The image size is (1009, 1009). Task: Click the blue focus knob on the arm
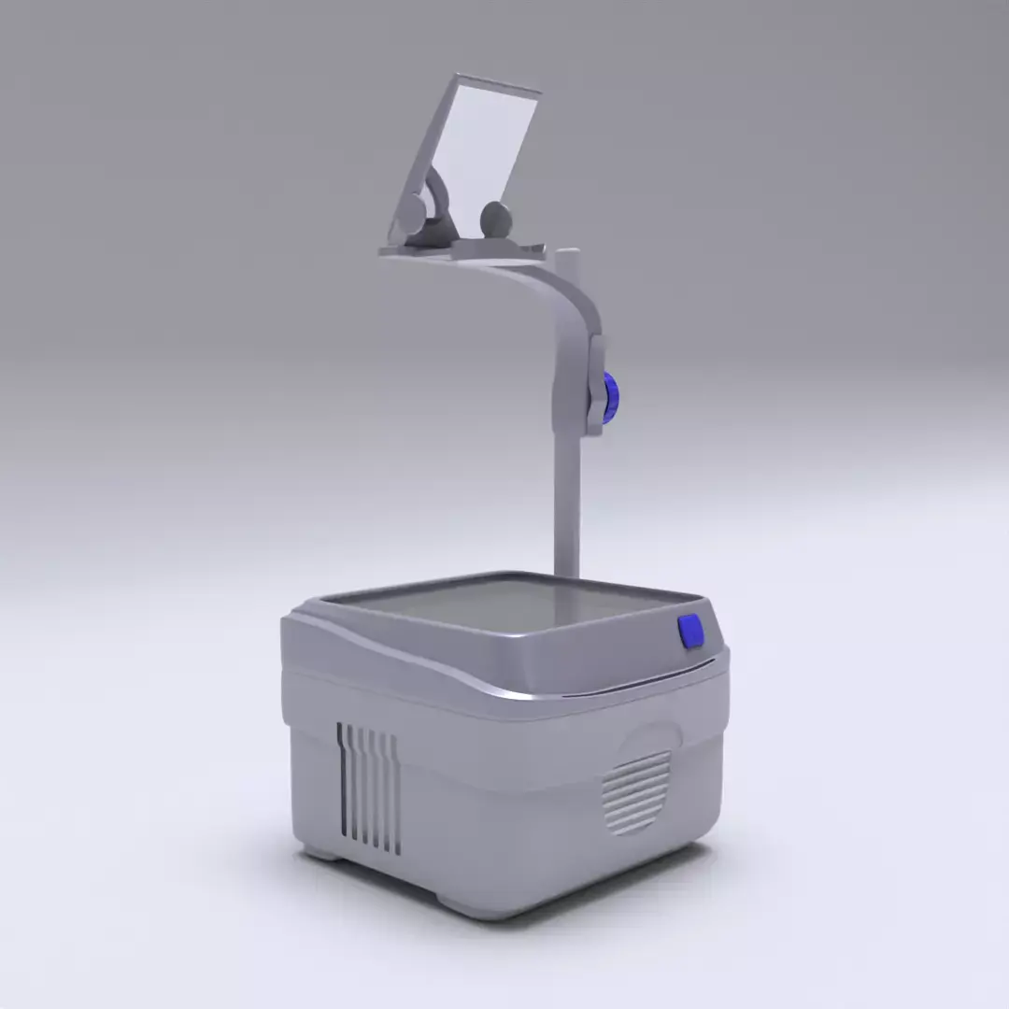click(611, 397)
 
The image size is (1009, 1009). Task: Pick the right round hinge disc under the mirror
click(496, 220)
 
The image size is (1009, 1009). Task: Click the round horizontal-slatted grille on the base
click(637, 792)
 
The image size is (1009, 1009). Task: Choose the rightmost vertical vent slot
click(397, 794)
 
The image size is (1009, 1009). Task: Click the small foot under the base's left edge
click(318, 852)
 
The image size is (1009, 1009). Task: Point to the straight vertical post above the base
click(566, 504)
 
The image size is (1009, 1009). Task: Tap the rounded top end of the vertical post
click(567, 253)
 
